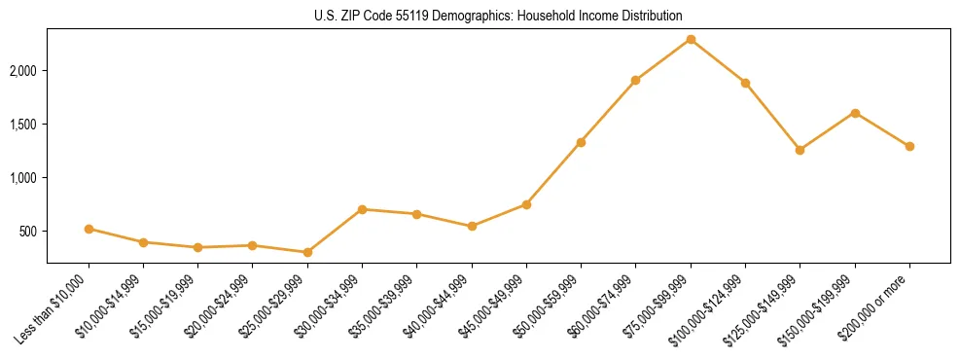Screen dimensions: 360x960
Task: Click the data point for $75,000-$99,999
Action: click(x=691, y=39)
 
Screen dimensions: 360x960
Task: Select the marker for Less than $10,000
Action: click(x=89, y=229)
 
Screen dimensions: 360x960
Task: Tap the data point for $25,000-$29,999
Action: click(x=307, y=252)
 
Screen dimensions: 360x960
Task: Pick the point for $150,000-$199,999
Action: click(x=855, y=113)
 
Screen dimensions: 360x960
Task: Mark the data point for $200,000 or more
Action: click(x=909, y=146)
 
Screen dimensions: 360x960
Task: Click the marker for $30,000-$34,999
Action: click(x=362, y=209)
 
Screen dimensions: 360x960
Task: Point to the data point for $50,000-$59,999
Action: click(x=581, y=142)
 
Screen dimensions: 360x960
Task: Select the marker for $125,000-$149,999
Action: click(x=800, y=150)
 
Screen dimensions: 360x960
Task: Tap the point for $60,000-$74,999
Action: click(x=635, y=80)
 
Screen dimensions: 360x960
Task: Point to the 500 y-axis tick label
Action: click(x=29, y=232)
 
